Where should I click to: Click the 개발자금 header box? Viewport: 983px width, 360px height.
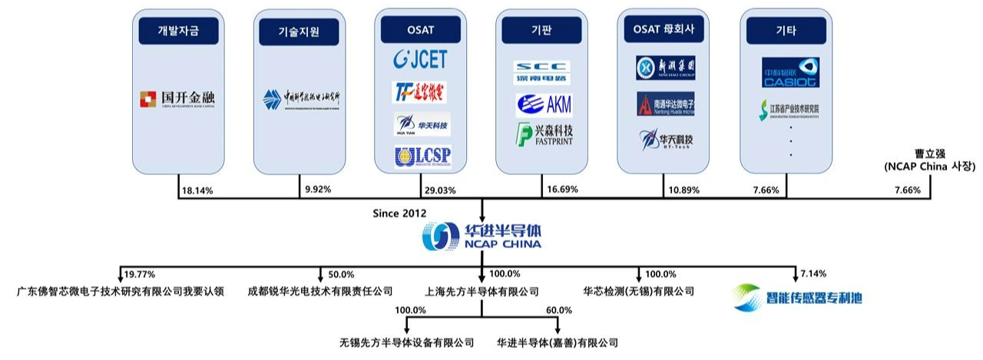click(177, 31)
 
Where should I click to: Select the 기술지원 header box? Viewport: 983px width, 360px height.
click(299, 31)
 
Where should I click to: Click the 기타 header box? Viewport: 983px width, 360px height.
click(786, 31)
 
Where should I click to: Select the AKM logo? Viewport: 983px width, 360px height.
click(543, 103)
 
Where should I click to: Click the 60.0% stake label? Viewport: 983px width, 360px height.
click(558, 310)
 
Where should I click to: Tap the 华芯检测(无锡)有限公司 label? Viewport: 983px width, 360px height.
click(639, 292)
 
